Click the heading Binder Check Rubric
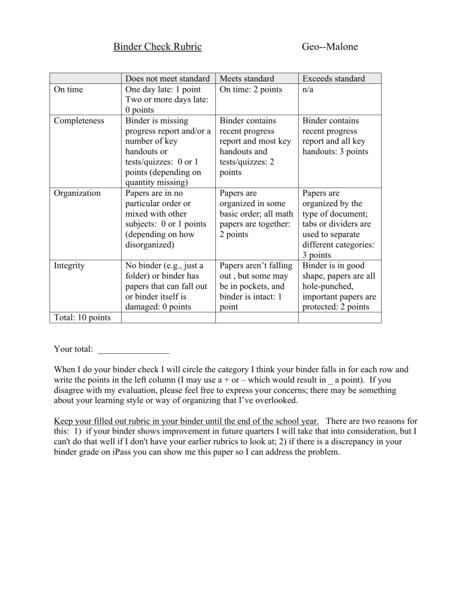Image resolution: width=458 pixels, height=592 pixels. click(157, 46)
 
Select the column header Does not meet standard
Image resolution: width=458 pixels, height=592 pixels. click(167, 79)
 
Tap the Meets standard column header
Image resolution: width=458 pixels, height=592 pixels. click(247, 79)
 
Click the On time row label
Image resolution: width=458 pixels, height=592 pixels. click(67, 90)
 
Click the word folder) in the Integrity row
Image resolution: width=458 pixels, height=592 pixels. click(139, 276)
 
